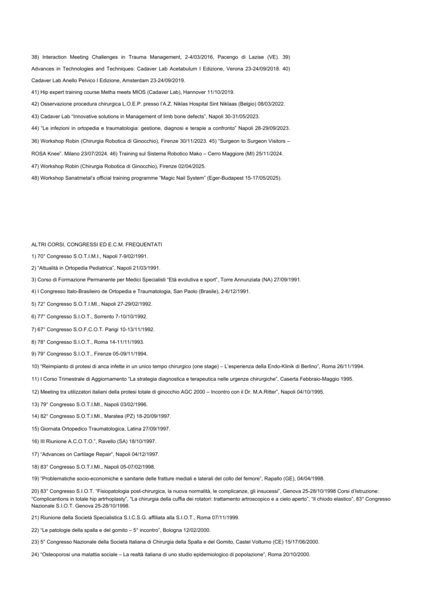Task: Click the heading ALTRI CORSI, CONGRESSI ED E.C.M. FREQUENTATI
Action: pyautogui.click(x=97, y=243)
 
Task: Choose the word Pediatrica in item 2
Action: pyautogui.click(x=88, y=267)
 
